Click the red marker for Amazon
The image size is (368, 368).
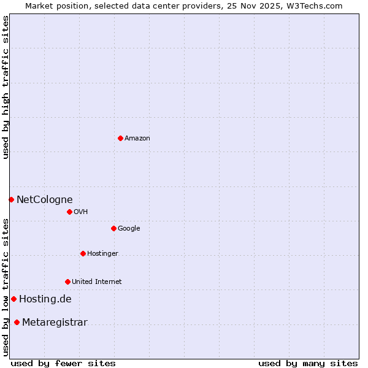[120, 138]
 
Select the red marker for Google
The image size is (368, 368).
[113, 228]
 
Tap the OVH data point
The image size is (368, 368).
[69, 212]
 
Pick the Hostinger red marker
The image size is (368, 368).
[83, 253]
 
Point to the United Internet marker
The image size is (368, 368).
[67, 282]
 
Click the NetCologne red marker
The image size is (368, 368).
[11, 199]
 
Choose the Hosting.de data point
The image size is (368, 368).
[13, 299]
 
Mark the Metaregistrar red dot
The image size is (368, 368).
[17, 322]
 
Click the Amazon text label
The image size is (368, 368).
[137, 139]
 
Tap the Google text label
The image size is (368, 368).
[129, 229]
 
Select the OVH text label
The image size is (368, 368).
[80, 212]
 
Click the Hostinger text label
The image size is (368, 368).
[102, 254]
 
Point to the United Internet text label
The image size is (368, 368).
[96, 282]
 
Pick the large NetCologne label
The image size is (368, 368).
[44, 199]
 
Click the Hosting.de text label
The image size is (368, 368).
[45, 299]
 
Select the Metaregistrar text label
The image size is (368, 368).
[55, 323]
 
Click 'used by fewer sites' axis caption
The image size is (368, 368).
[63, 363]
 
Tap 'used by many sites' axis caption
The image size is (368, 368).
[307, 363]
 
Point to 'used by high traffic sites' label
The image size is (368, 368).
[6, 87]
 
